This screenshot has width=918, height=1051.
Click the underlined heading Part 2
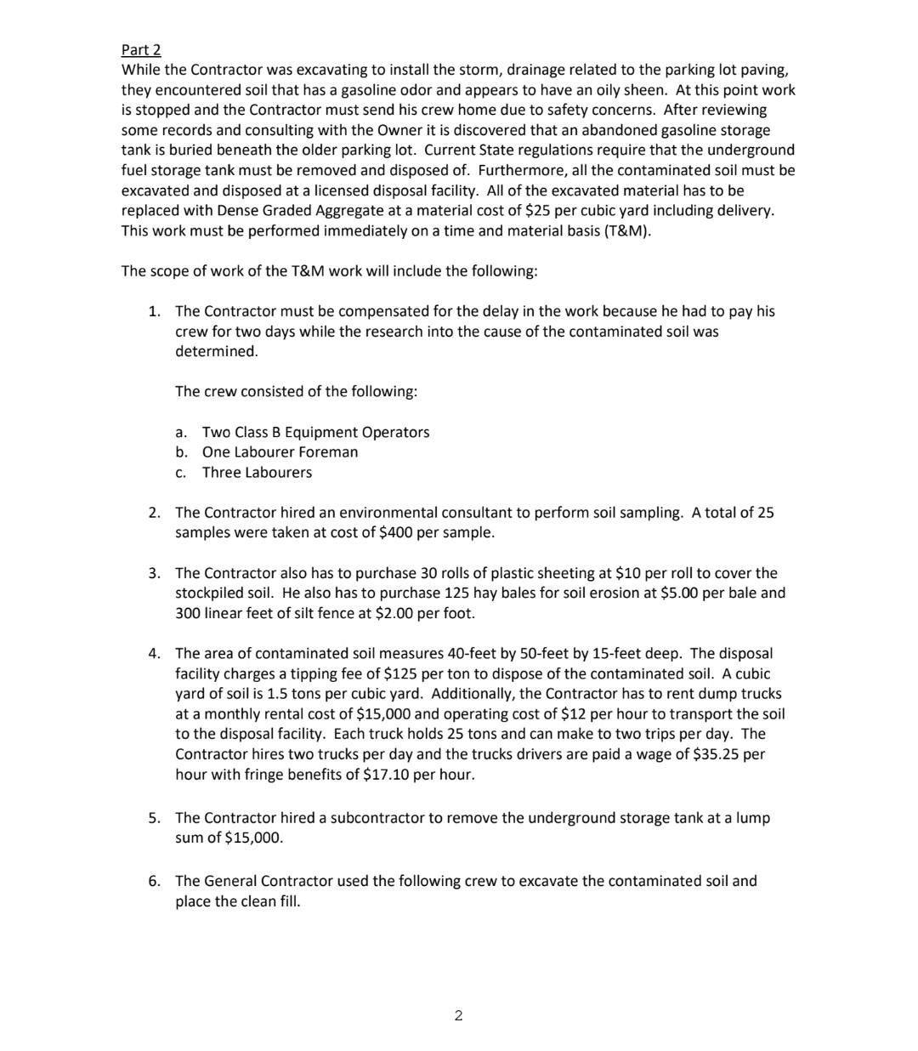[141, 49]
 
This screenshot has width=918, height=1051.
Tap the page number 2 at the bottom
[458, 1015]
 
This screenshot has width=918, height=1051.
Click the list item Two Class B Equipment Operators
[315, 432]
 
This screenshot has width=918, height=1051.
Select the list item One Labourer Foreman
[280, 452]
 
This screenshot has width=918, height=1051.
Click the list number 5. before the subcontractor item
[154, 818]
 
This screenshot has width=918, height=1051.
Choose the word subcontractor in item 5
[377, 818]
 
